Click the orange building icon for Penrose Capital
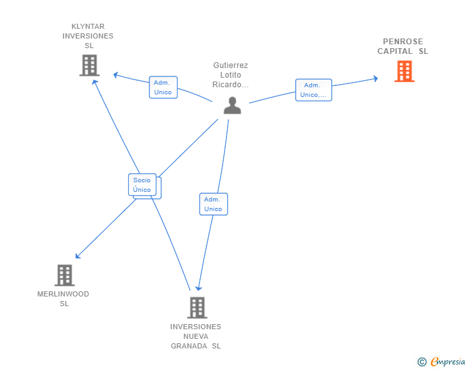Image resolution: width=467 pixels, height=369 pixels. (x=404, y=71)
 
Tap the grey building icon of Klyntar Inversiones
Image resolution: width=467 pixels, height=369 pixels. (x=89, y=65)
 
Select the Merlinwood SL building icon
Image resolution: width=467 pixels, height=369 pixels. (x=64, y=275)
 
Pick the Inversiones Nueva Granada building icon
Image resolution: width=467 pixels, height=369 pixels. (x=197, y=307)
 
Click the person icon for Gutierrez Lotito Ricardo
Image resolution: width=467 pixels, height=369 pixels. (x=232, y=105)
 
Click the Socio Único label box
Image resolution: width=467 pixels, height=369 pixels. (x=142, y=185)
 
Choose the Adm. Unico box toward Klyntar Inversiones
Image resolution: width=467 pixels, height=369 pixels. (x=163, y=87)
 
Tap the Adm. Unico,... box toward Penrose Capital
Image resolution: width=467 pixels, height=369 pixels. (x=314, y=90)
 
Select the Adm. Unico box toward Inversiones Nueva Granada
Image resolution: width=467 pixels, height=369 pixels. (x=213, y=204)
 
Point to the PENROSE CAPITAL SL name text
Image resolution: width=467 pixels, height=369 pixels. (x=403, y=46)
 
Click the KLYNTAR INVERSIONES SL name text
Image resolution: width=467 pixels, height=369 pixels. (x=89, y=36)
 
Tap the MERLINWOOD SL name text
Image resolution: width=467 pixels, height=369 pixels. (x=64, y=298)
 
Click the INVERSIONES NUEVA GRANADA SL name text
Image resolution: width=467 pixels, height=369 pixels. (x=196, y=336)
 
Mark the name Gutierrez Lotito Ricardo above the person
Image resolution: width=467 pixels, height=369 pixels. (x=230, y=75)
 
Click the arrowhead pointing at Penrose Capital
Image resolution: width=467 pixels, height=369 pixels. (x=376, y=79)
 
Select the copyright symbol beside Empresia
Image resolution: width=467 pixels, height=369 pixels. (x=421, y=362)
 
